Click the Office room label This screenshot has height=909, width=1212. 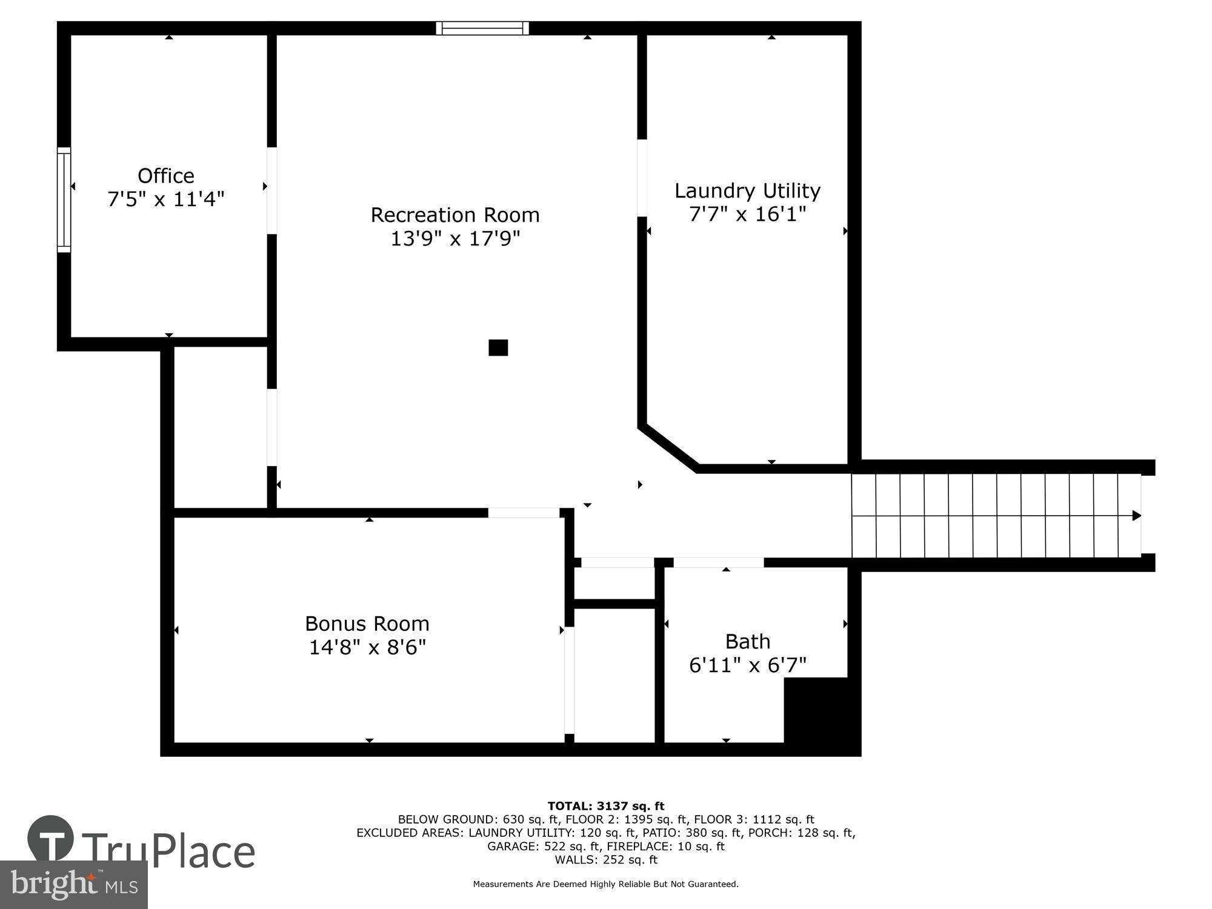pos(166,176)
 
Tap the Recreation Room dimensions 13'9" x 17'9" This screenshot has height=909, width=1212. pos(455,238)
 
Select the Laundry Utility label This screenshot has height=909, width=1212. pos(747,191)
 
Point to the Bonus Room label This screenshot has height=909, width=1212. pos(367,624)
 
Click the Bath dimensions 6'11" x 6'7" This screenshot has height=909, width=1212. pos(748,665)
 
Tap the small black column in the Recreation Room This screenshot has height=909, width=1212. pos(498,347)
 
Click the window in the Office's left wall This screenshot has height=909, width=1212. pos(64,199)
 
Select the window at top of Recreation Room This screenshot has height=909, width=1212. pos(482,28)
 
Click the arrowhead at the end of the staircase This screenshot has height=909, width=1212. pos(1136,516)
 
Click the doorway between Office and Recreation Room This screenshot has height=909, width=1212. pos(272,190)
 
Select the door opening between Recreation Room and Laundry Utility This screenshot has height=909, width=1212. pos(642,178)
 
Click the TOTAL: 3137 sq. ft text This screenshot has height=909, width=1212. pos(605,806)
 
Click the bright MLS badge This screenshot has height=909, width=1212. pos(73,885)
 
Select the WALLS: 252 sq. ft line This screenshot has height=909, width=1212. pos(605,859)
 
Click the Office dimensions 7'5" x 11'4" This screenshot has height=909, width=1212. pos(166,199)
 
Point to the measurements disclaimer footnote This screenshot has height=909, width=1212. pos(605,884)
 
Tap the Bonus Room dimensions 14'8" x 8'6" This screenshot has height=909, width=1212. pos(367,647)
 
